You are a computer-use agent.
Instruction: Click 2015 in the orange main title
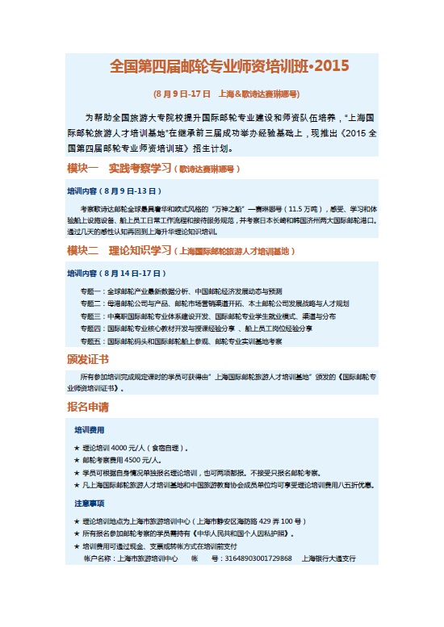point(333,65)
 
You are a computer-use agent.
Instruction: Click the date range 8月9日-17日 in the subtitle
point(185,94)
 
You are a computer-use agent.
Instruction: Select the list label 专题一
point(91,291)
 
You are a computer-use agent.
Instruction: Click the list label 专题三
point(91,316)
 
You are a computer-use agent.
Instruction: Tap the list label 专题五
point(91,341)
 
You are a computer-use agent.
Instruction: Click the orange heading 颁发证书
point(88,359)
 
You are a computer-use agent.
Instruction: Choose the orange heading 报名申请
point(88,406)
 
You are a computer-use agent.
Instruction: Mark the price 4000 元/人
point(127,448)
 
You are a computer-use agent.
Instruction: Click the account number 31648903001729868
point(258,558)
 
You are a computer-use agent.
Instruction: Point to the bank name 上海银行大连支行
point(329,558)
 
